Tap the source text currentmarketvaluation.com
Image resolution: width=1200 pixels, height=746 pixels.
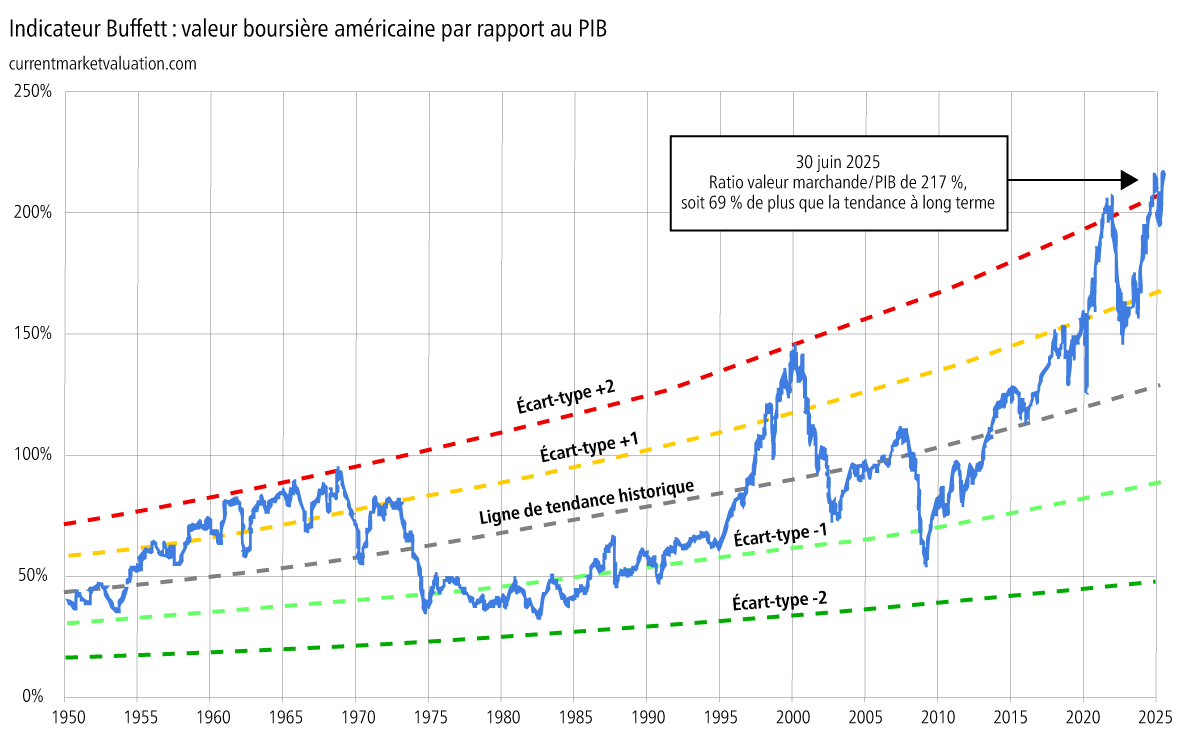101,63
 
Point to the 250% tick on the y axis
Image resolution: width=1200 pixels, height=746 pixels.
38,92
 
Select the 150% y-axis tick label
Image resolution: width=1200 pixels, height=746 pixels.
38,334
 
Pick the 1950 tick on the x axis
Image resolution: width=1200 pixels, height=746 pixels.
65,717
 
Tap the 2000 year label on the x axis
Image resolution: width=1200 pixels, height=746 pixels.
792,717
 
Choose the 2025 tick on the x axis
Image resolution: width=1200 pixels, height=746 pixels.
1155,717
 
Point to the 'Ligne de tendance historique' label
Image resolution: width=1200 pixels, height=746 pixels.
586,503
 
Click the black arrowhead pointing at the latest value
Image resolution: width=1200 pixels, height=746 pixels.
1129,180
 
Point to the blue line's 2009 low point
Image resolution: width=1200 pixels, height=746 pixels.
926,564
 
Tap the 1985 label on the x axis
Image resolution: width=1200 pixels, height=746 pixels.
574,717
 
